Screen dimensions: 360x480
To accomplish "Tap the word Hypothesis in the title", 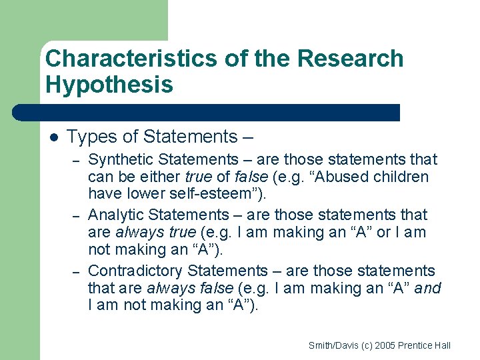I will click(109, 85).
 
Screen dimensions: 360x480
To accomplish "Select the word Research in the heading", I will click(350, 59).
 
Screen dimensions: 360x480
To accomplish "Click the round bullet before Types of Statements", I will click(53, 137).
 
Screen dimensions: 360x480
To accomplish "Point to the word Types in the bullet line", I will click(89, 137).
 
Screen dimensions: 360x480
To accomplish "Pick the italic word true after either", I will click(199, 177).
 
